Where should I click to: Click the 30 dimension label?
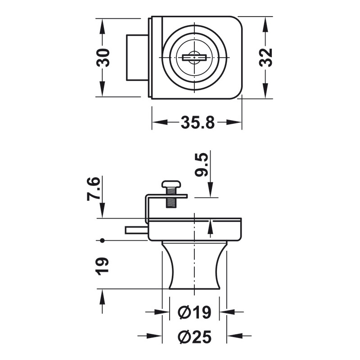pos(103,58)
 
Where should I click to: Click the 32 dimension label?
pos(266,58)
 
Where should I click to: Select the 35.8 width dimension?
pos(198,122)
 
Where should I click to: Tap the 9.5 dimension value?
pos(201,165)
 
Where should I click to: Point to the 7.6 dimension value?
pos(94,189)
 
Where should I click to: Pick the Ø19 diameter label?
pos(194,312)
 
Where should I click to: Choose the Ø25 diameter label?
pos(194,337)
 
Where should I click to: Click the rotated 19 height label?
pos(102,266)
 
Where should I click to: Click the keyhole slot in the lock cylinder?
pos(194,58)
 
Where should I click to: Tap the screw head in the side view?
pos(171,184)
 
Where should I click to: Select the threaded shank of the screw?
pos(171,198)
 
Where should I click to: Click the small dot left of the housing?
pos(102,240)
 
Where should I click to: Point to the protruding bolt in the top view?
pos(137,58)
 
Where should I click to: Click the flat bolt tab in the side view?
pos(136,230)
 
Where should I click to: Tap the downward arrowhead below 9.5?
pos(210,189)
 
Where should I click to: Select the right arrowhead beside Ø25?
pos(234,336)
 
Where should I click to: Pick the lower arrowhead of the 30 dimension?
pos(102,89)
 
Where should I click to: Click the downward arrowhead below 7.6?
pos(102,210)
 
